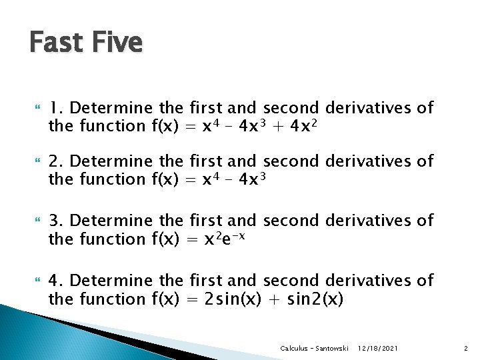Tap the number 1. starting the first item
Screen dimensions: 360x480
click(x=56, y=108)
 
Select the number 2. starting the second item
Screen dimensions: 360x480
click(x=57, y=161)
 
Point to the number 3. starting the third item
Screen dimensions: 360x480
click(x=57, y=221)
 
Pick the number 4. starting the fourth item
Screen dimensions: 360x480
click(x=57, y=281)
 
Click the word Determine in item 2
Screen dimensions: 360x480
click(x=112, y=161)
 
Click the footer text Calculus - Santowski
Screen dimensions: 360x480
click(x=315, y=349)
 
